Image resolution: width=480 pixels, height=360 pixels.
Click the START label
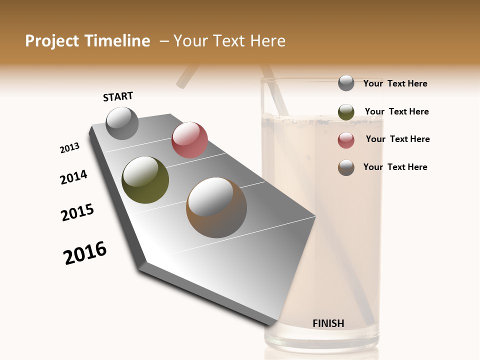coord(118,96)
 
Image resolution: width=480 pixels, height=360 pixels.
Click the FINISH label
coord(328,323)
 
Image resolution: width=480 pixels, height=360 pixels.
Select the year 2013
coord(69,148)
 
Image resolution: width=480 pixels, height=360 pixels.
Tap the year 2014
coord(73,177)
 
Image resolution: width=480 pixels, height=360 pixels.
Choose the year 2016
coord(85,253)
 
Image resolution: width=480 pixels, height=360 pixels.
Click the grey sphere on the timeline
coord(122,123)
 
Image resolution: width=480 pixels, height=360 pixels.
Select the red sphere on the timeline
coord(189,140)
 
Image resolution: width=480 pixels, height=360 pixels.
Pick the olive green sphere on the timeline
coord(145,180)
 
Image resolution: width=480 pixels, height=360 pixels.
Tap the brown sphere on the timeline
coord(216,207)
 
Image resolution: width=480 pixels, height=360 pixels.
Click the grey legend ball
coord(346,83)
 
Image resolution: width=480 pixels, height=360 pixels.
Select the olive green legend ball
coord(346,112)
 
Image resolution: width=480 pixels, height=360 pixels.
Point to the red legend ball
coord(346,140)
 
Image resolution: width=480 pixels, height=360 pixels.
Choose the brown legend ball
coord(346,167)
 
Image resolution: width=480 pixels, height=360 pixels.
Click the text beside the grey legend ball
coord(395,83)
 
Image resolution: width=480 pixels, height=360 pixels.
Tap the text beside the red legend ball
coord(397,139)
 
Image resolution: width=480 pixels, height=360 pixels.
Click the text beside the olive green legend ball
coord(396,111)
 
